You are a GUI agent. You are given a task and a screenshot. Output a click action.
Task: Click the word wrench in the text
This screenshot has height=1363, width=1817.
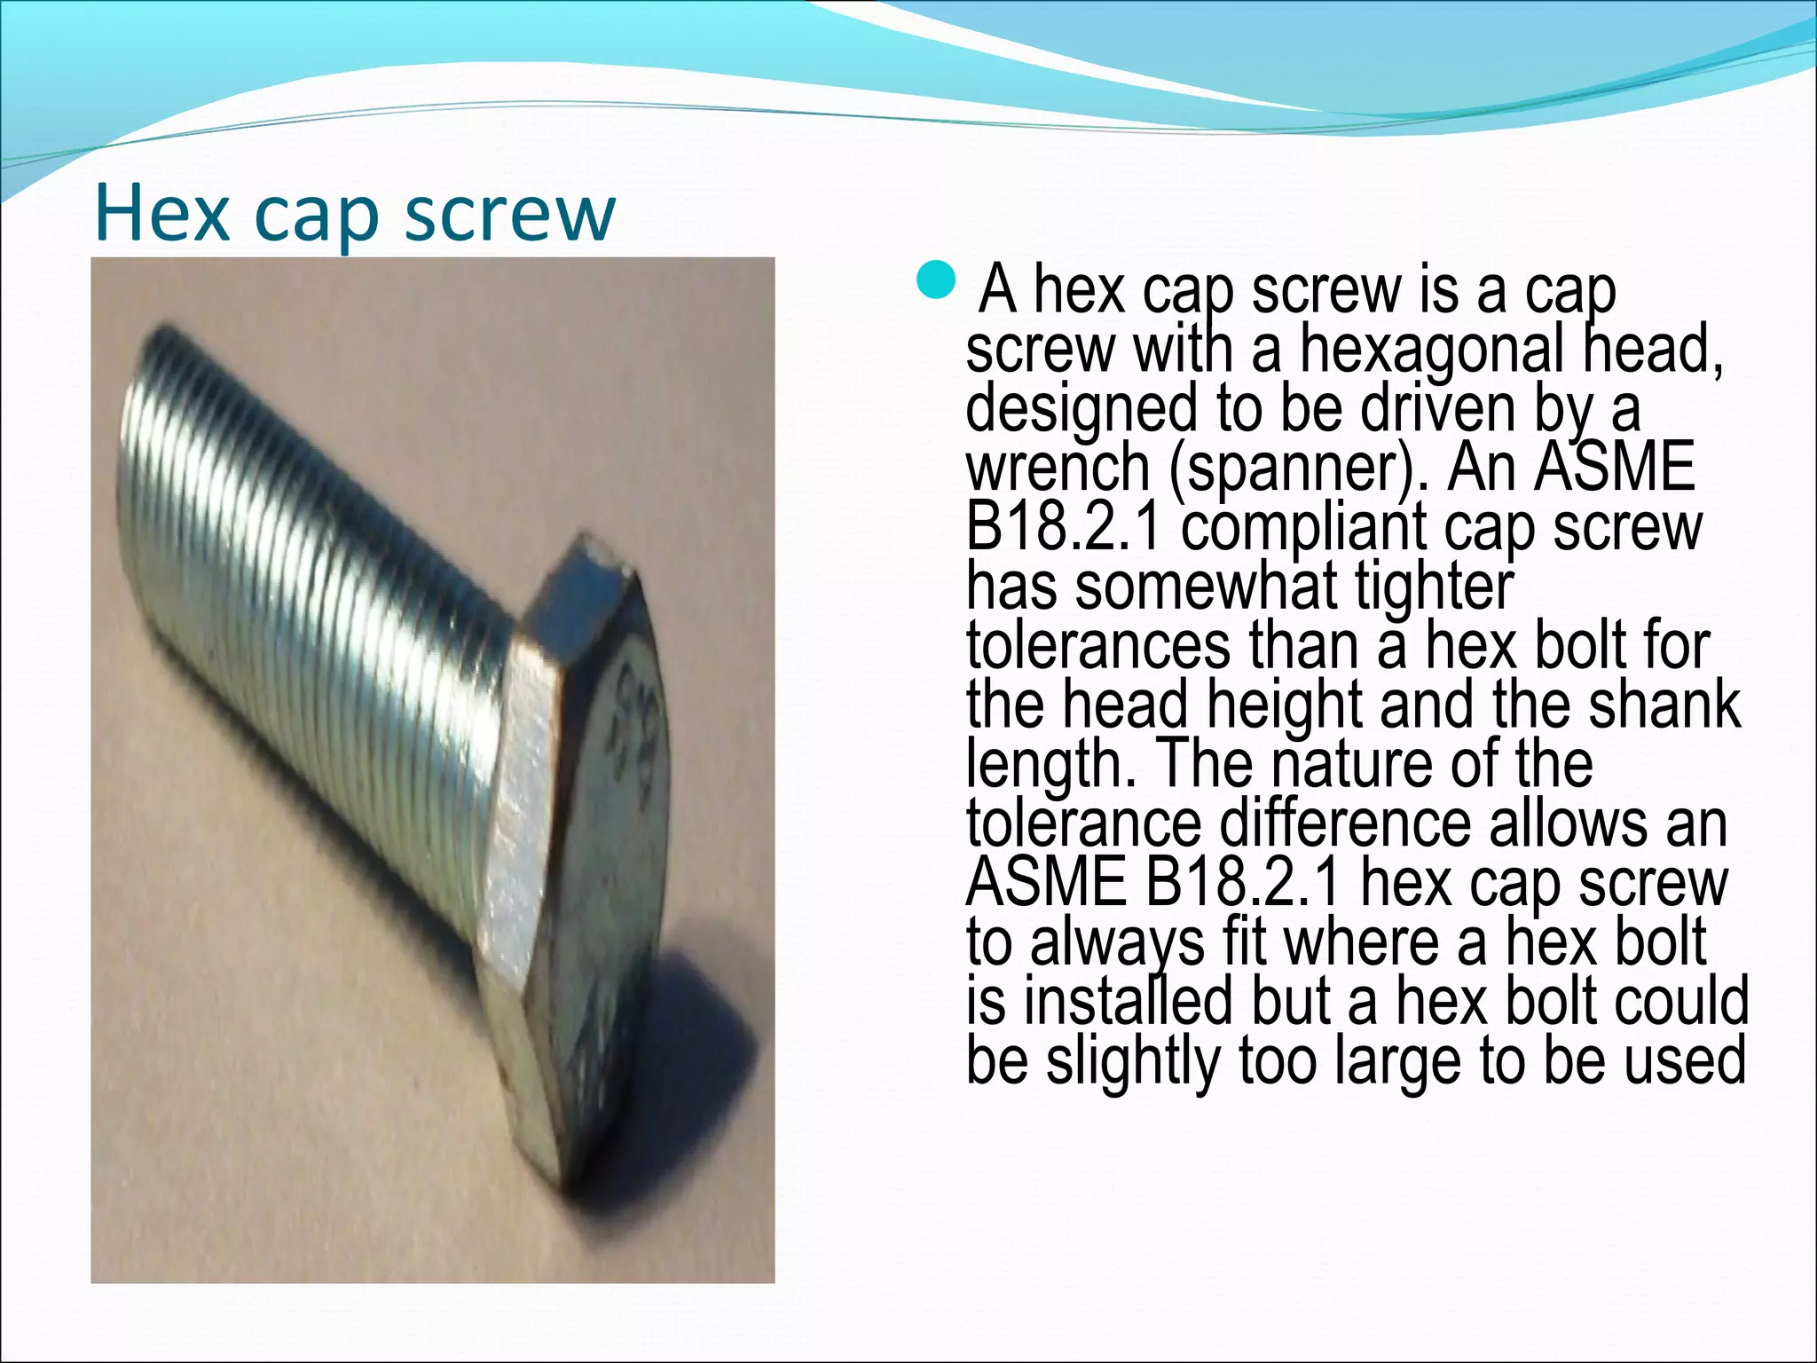coord(1058,469)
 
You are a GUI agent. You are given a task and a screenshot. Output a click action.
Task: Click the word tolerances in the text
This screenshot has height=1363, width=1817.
coord(1097,647)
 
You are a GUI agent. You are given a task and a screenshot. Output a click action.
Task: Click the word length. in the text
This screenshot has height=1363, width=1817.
coord(1050,765)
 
